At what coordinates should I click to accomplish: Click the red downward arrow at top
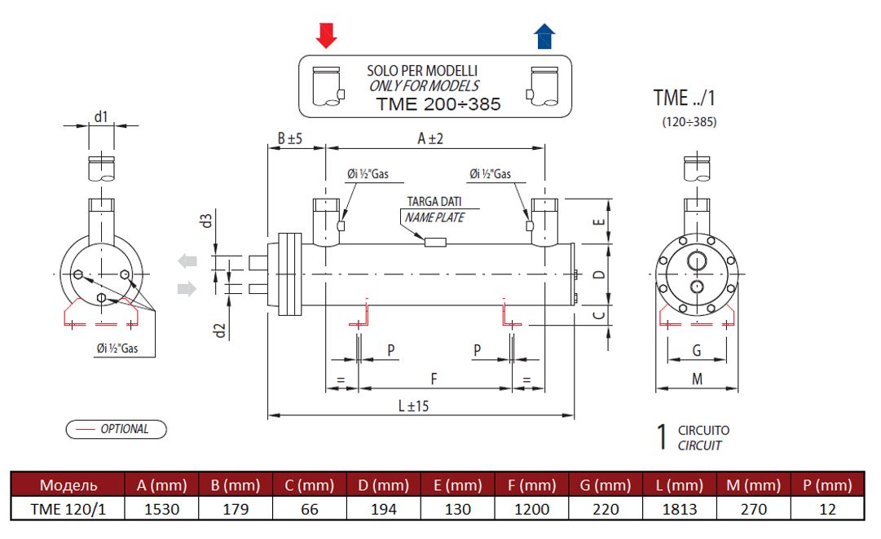pos(326,35)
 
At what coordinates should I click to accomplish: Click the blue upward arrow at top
pos(544,36)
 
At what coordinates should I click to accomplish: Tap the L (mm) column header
pos(678,486)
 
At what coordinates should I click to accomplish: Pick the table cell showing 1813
pos(678,509)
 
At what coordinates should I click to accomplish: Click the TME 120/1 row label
pos(69,509)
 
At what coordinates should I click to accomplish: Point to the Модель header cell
pos(69,486)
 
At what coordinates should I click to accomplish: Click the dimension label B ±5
pos(289,139)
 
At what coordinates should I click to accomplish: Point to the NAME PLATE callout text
pos(434,217)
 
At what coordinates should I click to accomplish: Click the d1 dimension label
pos(100,116)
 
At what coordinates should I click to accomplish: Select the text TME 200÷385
pos(438,104)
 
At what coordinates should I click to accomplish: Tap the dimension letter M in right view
pos(698,379)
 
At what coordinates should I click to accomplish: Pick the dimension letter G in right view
pos(697,350)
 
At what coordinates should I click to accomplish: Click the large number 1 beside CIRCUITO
pos(663,436)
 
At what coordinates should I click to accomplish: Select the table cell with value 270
pos(750,509)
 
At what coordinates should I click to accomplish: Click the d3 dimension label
pos(207,220)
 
